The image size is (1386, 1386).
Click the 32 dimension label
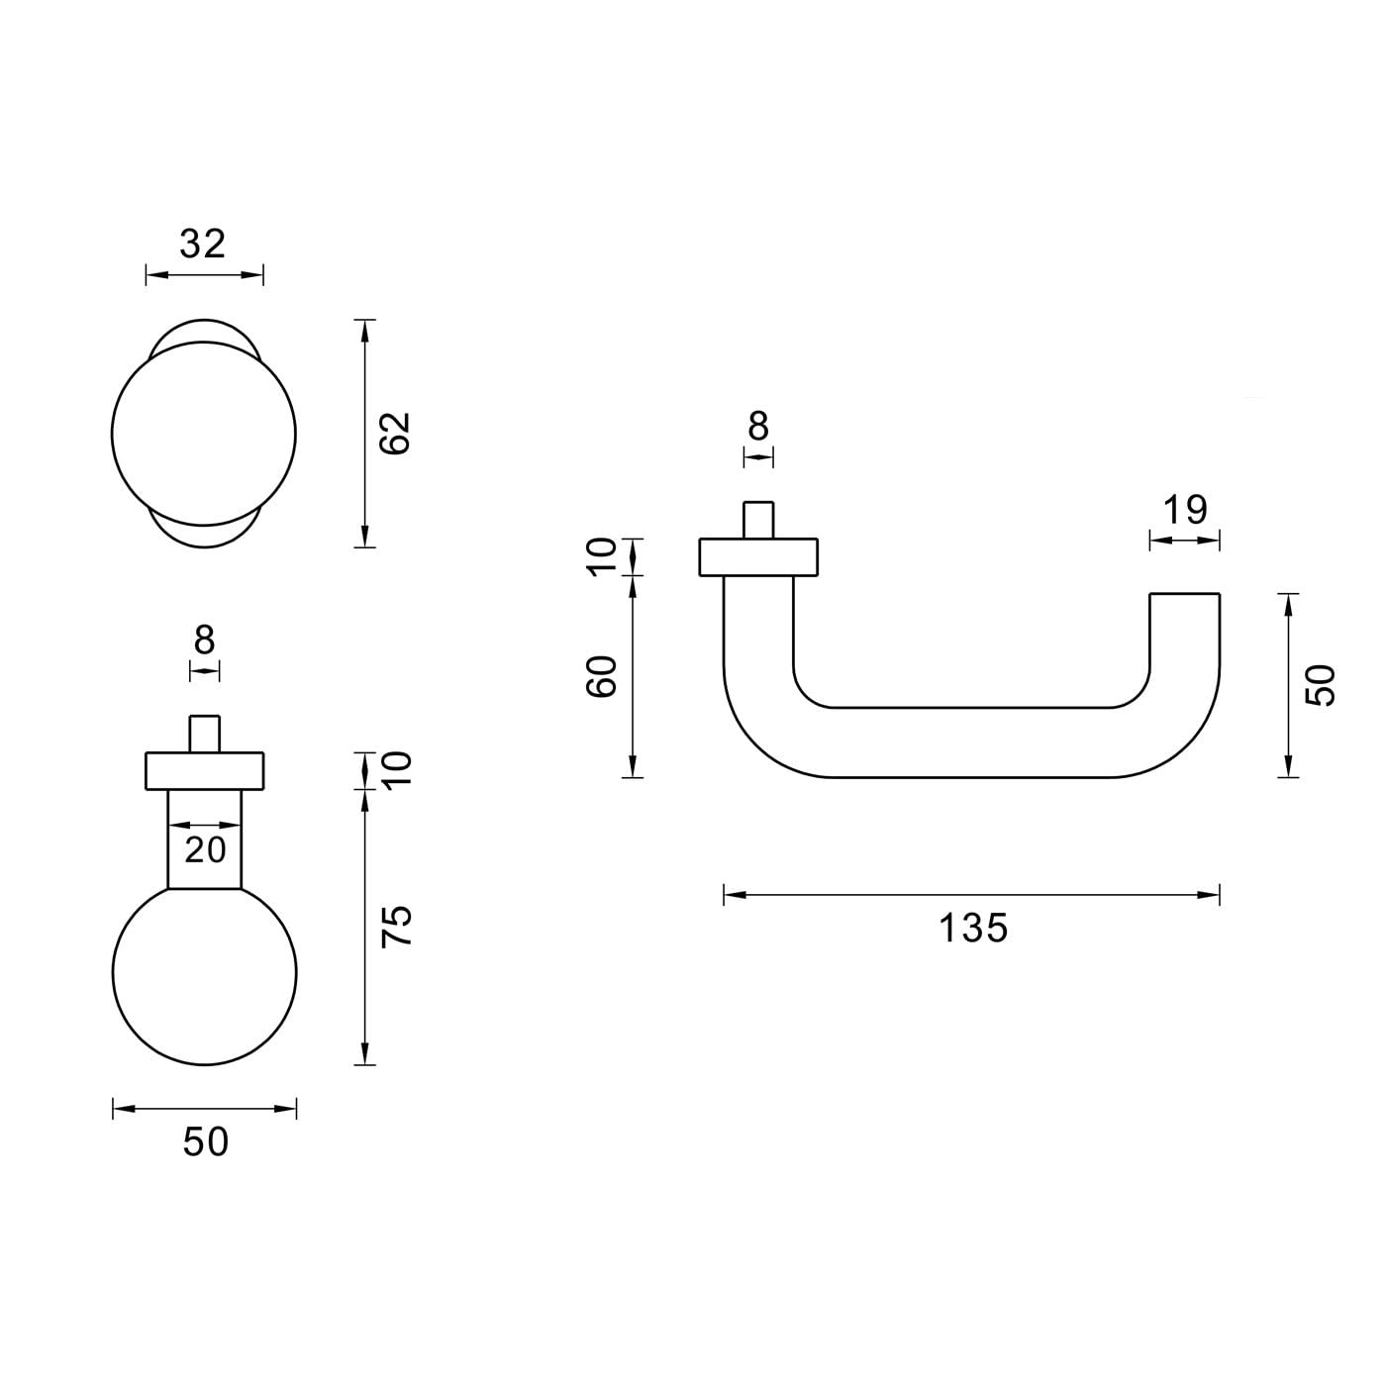pos(203,244)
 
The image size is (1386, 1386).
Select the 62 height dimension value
pos(395,433)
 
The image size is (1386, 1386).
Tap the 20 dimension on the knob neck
pos(205,850)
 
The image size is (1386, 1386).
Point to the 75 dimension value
pos(396,926)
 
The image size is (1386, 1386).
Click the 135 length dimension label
pos(973,928)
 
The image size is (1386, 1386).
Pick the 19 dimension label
pos(1185,510)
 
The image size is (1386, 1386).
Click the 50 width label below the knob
pos(206,1142)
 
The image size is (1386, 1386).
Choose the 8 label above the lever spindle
pos(758,427)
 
